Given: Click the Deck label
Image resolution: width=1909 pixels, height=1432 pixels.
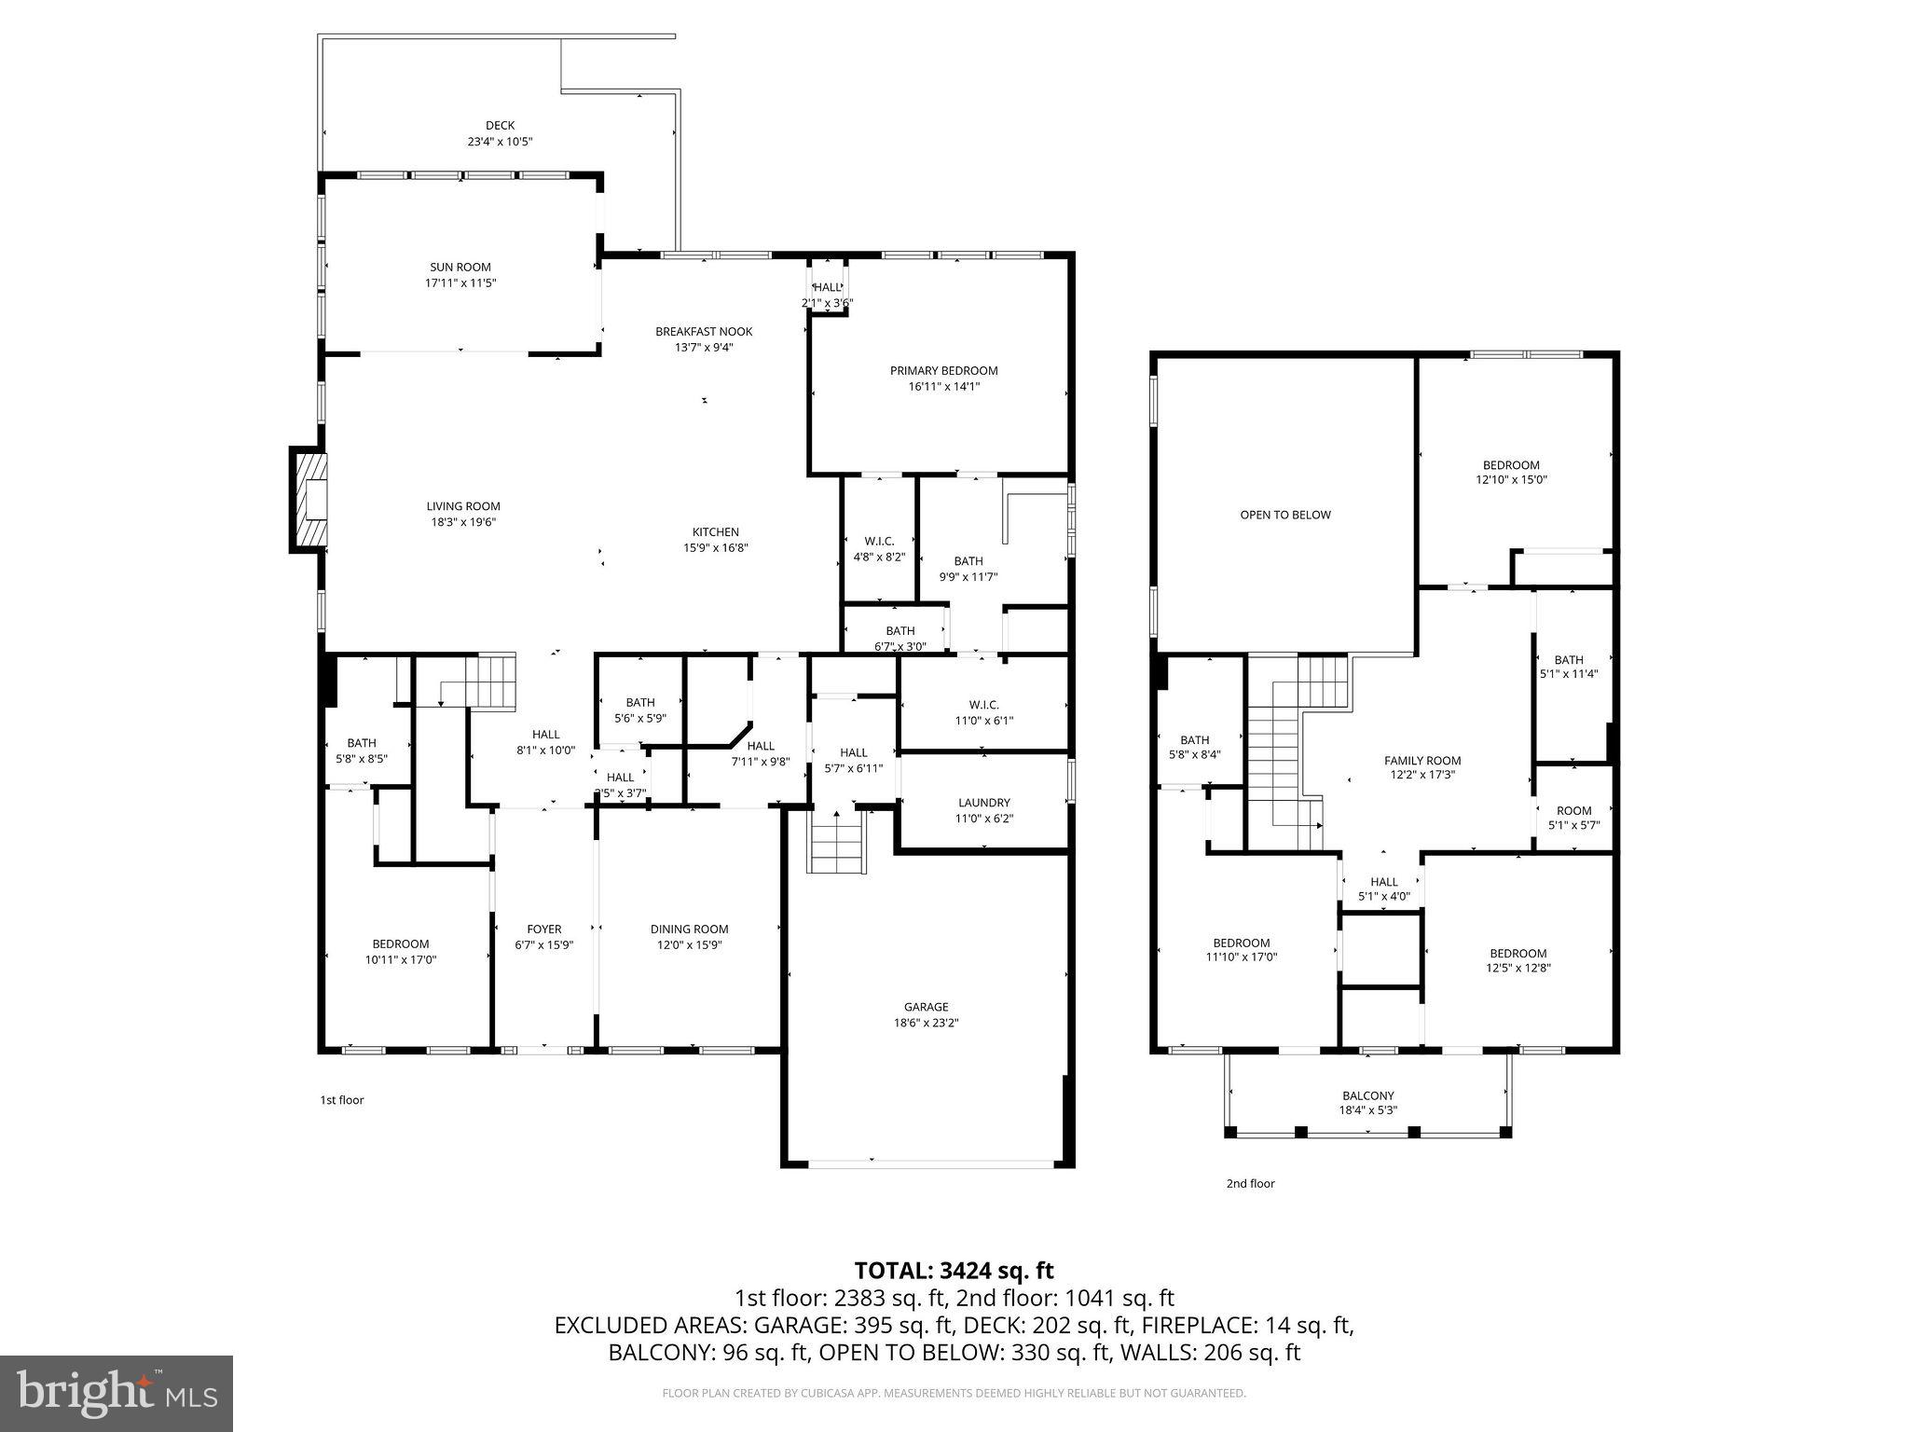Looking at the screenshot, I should pyautogui.click(x=500, y=126).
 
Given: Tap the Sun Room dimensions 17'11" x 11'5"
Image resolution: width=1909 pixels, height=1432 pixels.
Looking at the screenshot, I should pyautogui.click(x=460, y=282).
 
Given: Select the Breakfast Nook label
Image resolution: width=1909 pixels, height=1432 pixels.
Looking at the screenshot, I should pyautogui.click(x=704, y=332).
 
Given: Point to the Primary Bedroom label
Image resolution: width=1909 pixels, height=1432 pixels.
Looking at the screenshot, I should pyautogui.click(x=943, y=371).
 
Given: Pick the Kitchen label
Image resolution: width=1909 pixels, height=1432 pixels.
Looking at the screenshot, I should pyautogui.click(x=715, y=532).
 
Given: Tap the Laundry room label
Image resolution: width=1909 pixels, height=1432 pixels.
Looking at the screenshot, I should pyautogui.click(x=983, y=803).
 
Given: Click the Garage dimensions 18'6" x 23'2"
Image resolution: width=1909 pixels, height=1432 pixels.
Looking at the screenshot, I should pyautogui.click(x=926, y=1023).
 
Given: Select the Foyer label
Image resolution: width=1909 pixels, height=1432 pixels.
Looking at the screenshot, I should pyautogui.click(x=544, y=929).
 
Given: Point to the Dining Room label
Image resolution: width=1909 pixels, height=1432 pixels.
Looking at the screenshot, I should pyautogui.click(x=689, y=929).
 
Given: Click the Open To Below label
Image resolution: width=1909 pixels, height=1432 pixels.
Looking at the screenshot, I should pyautogui.click(x=1285, y=515).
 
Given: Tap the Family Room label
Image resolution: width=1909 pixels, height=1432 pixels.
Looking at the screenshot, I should pyautogui.click(x=1422, y=761).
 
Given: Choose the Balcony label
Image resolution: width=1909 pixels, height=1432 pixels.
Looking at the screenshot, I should pyautogui.click(x=1368, y=1095).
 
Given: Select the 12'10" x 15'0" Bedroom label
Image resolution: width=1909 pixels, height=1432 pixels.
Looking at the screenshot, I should pyautogui.click(x=1511, y=465).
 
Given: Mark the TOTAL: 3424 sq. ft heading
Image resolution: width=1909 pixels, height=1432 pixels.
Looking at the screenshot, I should pyautogui.click(x=954, y=1271).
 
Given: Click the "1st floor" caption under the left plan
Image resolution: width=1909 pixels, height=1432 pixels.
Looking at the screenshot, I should pyautogui.click(x=341, y=1100).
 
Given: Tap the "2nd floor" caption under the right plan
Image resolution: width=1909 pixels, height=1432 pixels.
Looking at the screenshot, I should pyautogui.click(x=1250, y=1184).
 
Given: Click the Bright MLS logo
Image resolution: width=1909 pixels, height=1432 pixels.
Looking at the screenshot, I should pyautogui.click(x=117, y=1394).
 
